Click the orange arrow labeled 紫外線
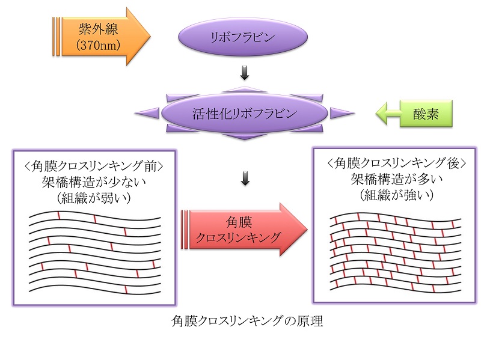click(x=99, y=36)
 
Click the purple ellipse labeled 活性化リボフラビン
click(x=243, y=114)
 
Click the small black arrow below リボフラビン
click(x=244, y=74)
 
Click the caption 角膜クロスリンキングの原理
click(x=247, y=322)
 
